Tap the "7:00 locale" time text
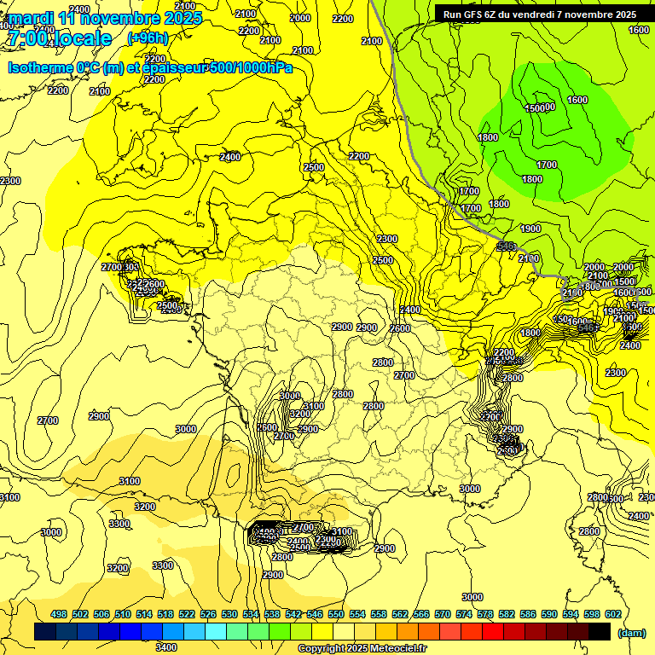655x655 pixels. (x=60, y=38)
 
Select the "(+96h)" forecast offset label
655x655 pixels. (x=148, y=38)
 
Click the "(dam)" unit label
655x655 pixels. (x=630, y=632)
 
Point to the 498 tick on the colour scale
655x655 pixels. (x=59, y=614)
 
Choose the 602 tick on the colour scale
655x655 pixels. (x=612, y=614)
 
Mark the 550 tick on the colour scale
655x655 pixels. (x=335, y=614)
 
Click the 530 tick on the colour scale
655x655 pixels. (x=229, y=614)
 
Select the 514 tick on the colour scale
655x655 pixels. (x=143, y=614)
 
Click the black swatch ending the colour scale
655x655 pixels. (x=600, y=631)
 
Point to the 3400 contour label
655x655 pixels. (x=165, y=646)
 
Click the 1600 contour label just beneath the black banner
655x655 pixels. (x=638, y=30)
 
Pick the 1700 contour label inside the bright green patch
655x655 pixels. (x=547, y=164)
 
